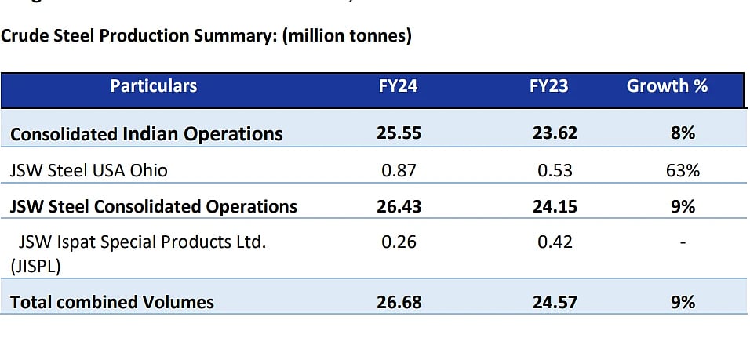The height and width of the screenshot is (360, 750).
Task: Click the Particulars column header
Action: tap(154, 86)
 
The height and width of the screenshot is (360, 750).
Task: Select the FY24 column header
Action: tap(398, 86)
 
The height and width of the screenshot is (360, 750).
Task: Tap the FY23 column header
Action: tap(548, 86)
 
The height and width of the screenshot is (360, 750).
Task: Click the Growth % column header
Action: tap(667, 86)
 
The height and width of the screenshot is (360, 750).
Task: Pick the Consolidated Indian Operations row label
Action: tap(147, 134)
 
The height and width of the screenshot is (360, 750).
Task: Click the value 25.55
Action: tap(399, 133)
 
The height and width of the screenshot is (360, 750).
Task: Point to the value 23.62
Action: tap(555, 133)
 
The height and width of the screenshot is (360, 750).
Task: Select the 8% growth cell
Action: tap(682, 133)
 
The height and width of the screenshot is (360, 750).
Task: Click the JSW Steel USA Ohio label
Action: tap(89, 170)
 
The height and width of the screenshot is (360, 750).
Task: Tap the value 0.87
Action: tap(399, 170)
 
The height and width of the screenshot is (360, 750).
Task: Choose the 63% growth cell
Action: tap(682, 170)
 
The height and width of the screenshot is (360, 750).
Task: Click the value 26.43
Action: tap(399, 206)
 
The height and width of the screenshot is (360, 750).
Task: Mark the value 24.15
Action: tap(555, 206)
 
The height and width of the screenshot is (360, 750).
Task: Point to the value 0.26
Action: tap(399, 242)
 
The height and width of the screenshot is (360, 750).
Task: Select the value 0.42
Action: tap(555, 242)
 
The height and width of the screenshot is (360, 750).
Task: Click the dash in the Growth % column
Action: tap(682, 243)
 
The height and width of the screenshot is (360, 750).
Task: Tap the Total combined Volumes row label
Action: tap(112, 302)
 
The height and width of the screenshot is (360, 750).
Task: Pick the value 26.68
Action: tap(399, 302)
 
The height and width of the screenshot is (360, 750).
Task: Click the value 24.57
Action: tap(555, 302)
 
